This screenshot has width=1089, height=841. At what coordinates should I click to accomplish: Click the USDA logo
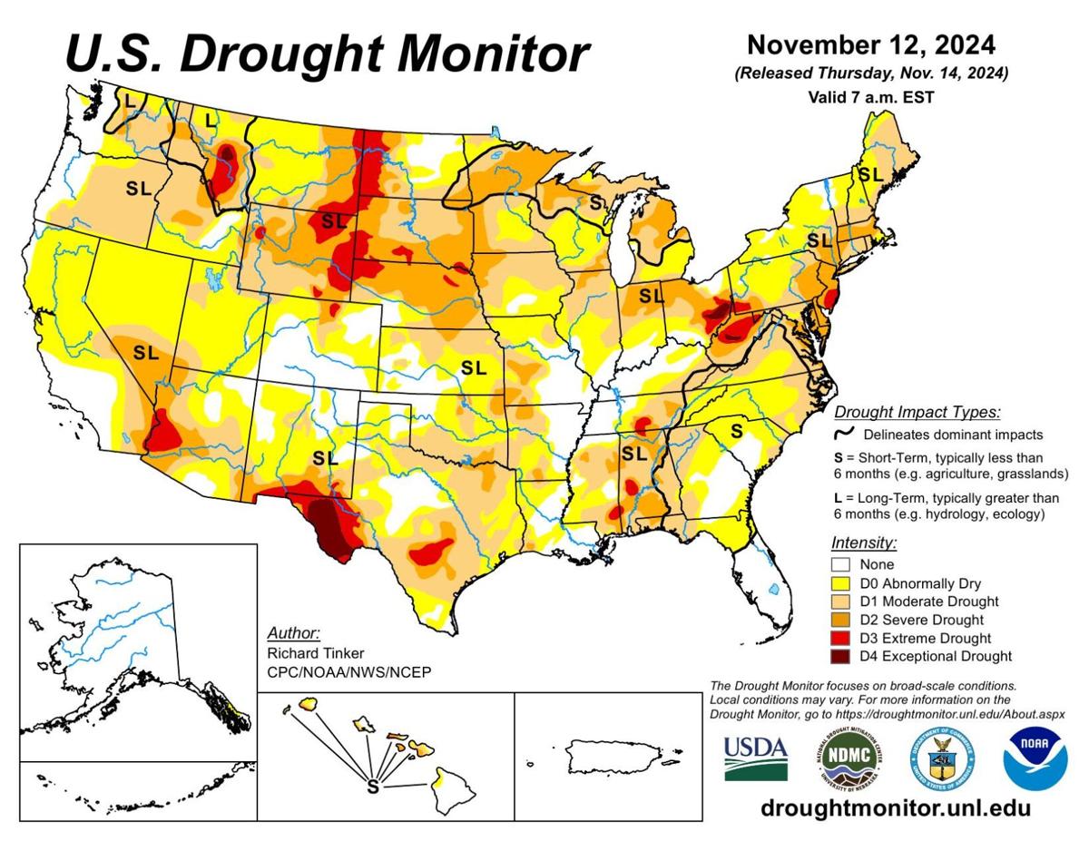(756, 755)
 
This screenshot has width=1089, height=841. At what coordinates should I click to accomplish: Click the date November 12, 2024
(870, 44)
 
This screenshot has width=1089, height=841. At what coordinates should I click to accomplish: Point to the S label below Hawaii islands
(372, 786)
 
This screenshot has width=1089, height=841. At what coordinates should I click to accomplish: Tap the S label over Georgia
(737, 429)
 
